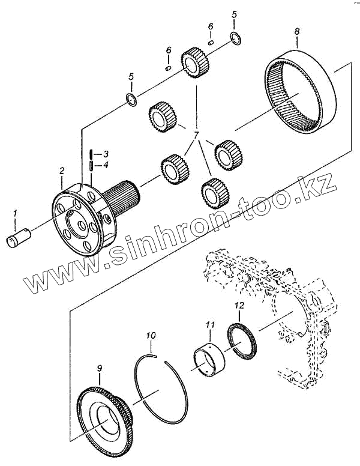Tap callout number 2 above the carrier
(x=61, y=171)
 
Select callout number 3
(x=105, y=154)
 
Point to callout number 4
(x=105, y=165)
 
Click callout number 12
(x=239, y=306)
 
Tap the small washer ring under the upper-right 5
(x=237, y=40)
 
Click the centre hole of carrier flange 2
(x=77, y=225)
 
